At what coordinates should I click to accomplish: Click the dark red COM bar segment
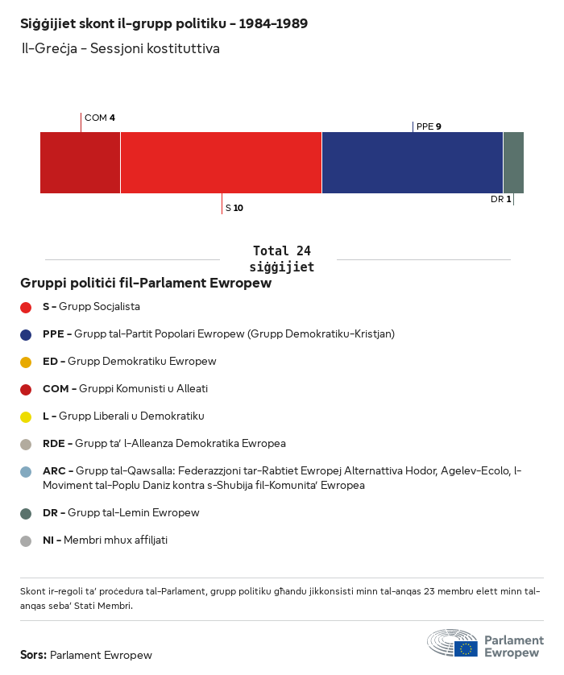(x=80, y=163)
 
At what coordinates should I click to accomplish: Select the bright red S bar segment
(x=221, y=163)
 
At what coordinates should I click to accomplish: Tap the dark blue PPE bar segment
(x=412, y=163)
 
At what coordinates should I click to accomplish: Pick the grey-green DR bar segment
(x=513, y=163)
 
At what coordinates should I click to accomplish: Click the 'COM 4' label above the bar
(x=100, y=118)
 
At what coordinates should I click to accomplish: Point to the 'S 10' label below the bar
(x=234, y=208)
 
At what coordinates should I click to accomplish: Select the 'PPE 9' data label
(x=429, y=126)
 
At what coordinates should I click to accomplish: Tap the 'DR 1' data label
(x=500, y=199)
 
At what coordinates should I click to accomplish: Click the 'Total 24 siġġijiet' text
(x=281, y=259)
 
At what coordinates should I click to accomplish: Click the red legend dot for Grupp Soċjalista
(x=26, y=307)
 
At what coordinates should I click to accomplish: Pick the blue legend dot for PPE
(x=26, y=334)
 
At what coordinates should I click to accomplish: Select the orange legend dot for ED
(x=26, y=362)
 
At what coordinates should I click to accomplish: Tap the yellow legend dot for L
(x=26, y=416)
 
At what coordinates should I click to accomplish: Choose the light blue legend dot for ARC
(x=26, y=471)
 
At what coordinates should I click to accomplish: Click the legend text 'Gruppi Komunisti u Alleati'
(x=143, y=388)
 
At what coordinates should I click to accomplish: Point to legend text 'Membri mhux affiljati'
(x=115, y=540)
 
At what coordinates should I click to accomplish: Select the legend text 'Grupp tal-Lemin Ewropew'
(x=133, y=512)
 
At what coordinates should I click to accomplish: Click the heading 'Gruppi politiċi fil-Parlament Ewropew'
(x=146, y=284)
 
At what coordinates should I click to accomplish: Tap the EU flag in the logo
(x=466, y=648)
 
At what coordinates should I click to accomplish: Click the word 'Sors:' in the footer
(x=33, y=655)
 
